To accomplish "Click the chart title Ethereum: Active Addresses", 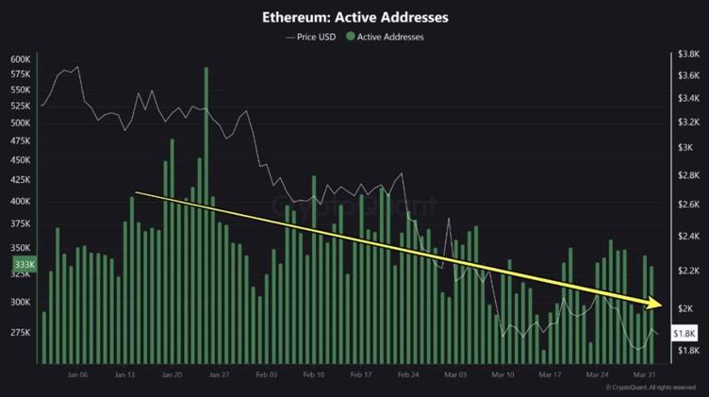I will [354, 17].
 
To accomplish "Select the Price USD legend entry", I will [310, 37].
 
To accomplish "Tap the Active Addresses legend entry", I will [387, 37].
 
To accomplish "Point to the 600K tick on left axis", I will [21, 58].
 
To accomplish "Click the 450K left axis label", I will [21, 159].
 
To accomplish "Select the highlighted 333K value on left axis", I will [22, 267].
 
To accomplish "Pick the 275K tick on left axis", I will [21, 333].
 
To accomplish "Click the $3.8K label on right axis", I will [686, 56].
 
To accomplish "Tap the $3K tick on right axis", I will [684, 149].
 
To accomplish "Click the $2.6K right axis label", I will [686, 205].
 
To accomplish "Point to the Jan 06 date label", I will [77, 374].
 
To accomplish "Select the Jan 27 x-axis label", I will [218, 374].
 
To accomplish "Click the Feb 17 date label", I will [360, 374].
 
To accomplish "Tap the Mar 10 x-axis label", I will [502, 374].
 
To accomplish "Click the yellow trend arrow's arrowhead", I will [656, 304].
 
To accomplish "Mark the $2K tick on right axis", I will [684, 308].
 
